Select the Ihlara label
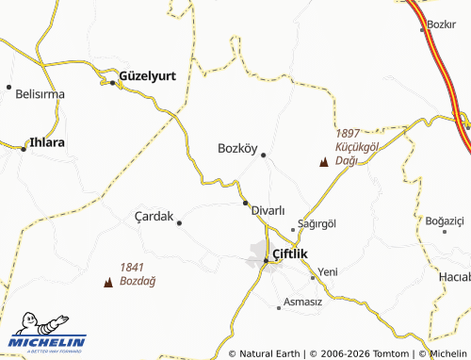46,143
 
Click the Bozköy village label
237,148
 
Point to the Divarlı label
268,211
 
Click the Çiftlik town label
290,254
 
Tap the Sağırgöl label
317,223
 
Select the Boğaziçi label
446,221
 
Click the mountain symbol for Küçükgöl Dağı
324,163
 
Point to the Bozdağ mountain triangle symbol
106,281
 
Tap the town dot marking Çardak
179,222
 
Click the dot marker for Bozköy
264,155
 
